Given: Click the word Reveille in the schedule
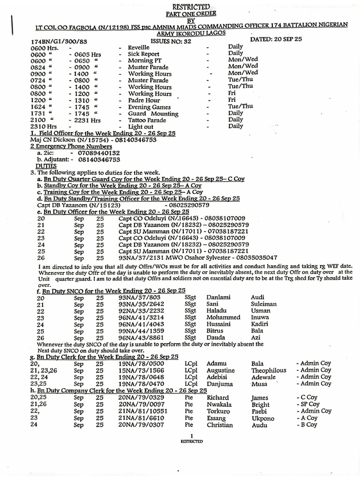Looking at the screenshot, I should click(139, 48).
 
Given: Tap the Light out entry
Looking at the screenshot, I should click(141, 127).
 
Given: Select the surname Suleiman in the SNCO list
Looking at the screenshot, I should click(264, 304).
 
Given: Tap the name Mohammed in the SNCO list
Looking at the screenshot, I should click(224, 317).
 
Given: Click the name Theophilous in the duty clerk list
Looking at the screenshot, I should click(269, 370).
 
